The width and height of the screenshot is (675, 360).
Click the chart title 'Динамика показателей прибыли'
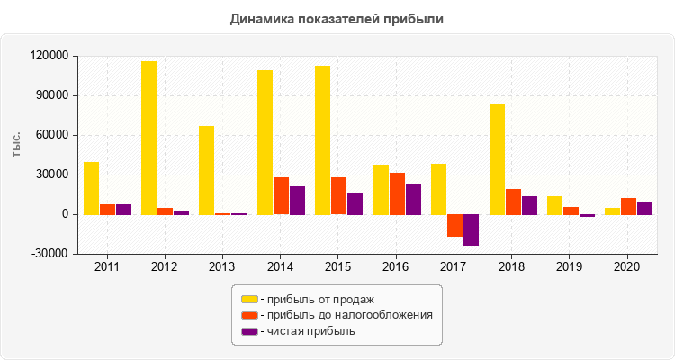pyautogui.click(x=337, y=18)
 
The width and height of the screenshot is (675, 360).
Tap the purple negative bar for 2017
pyautogui.click(x=471, y=229)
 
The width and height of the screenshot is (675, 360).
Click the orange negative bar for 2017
pyautogui.click(x=454, y=225)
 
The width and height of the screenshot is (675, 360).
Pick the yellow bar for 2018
pyautogui.click(x=497, y=159)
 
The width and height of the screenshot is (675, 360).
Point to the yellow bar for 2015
pyautogui.click(x=322, y=139)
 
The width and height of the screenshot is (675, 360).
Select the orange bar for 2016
pyautogui.click(x=397, y=193)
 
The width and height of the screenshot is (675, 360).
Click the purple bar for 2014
pyautogui.click(x=297, y=200)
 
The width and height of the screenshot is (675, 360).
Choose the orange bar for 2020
pyautogui.click(x=629, y=206)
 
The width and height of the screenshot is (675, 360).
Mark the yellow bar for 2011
pyautogui.click(x=91, y=188)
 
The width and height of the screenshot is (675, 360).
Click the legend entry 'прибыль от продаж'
pyautogui.click(x=319, y=299)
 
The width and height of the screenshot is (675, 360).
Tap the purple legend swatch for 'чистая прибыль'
pyautogui.click(x=249, y=331)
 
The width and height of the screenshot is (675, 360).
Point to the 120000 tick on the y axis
pyautogui.click(x=50, y=56)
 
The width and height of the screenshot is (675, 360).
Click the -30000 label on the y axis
pyautogui.click(x=50, y=254)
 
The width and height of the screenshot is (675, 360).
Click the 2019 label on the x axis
pyautogui.click(x=569, y=267)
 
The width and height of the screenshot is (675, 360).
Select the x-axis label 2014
pyautogui.click(x=280, y=267)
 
